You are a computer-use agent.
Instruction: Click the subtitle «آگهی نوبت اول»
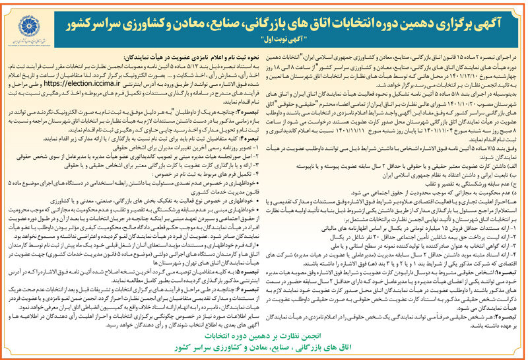[292, 38]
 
